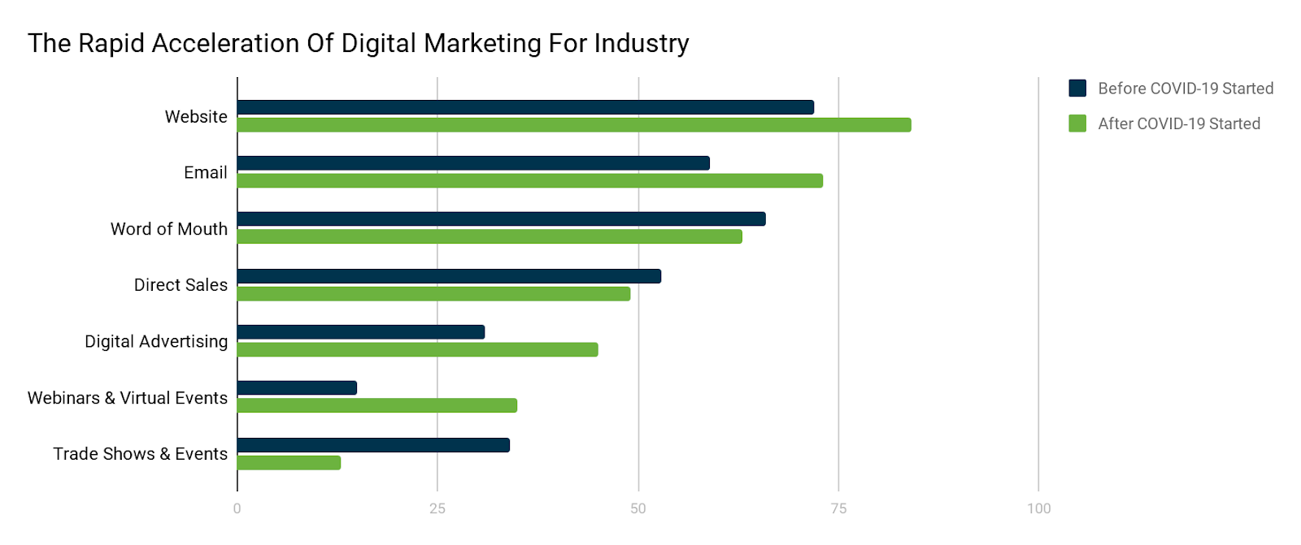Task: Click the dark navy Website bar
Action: coord(525,107)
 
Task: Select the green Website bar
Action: coord(574,125)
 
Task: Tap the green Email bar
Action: coord(530,180)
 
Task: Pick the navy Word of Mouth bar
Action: coord(501,219)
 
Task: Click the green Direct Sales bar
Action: coord(433,293)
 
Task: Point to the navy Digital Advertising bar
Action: coord(361,332)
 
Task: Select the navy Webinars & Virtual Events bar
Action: coord(297,388)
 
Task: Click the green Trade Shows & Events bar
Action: coord(289,463)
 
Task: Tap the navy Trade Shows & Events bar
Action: coord(373,445)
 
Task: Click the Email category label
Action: coord(205,172)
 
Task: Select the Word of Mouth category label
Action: coord(169,229)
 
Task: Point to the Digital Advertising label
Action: coord(156,341)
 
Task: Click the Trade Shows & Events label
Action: coord(140,454)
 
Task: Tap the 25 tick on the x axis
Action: coord(437,508)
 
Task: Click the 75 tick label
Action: coord(838,508)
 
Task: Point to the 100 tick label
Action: coord(1038,508)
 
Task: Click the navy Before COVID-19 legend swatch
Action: coord(1077,89)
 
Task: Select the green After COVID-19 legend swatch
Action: coord(1077,123)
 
